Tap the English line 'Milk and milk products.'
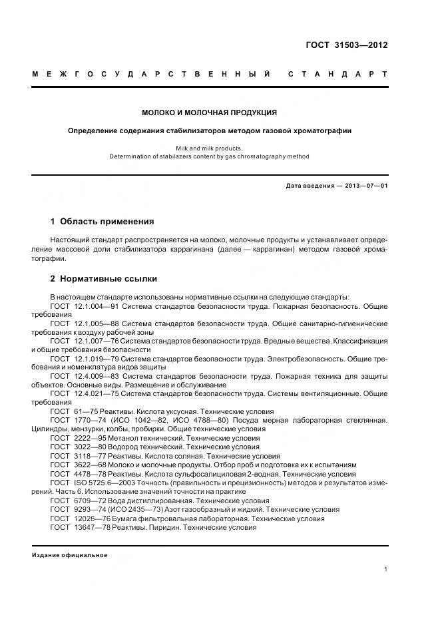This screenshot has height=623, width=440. (x=209, y=148)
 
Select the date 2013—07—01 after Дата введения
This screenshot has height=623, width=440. (x=365, y=186)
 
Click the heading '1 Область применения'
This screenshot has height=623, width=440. (x=102, y=222)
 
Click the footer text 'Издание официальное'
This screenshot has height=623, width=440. (x=69, y=555)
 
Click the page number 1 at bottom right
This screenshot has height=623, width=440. (x=385, y=569)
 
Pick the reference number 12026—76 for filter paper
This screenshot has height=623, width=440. (x=95, y=518)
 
